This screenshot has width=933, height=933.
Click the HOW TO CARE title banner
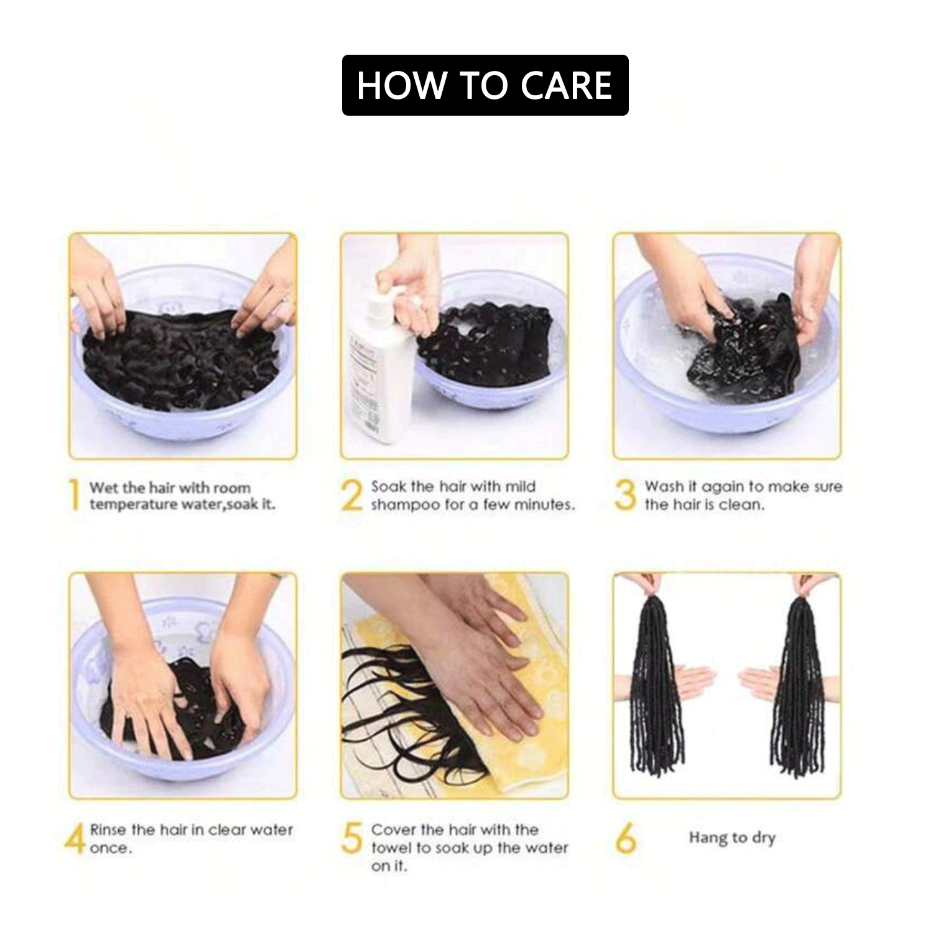[x=485, y=85]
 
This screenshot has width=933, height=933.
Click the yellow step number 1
[x=75, y=494]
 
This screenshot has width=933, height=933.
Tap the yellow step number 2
[x=352, y=495]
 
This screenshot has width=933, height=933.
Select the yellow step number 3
[x=625, y=495]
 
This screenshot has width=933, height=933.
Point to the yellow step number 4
[x=75, y=838]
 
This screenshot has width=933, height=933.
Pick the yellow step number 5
[x=352, y=838]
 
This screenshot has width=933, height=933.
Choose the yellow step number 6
[x=626, y=838]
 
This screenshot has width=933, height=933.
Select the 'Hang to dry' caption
[x=732, y=838]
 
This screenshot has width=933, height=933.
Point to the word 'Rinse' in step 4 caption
[x=108, y=830]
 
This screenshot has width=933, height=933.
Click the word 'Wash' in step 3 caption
[x=663, y=486]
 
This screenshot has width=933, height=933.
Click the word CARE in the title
[x=566, y=85]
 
